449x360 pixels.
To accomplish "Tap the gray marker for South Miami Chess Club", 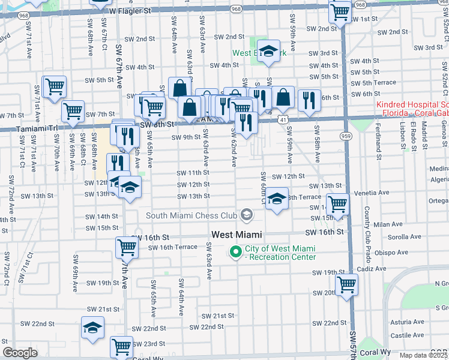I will click(x=246, y=215).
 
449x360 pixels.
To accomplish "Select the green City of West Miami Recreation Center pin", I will click(x=235, y=253).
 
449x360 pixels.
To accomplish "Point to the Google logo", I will click(x=20, y=353).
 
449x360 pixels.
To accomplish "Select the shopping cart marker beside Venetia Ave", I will click(x=338, y=203).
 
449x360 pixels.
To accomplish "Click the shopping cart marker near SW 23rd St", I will click(x=121, y=346).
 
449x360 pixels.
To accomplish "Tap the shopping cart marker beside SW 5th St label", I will click(x=54, y=86).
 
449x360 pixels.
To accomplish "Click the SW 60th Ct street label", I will click(x=262, y=187).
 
